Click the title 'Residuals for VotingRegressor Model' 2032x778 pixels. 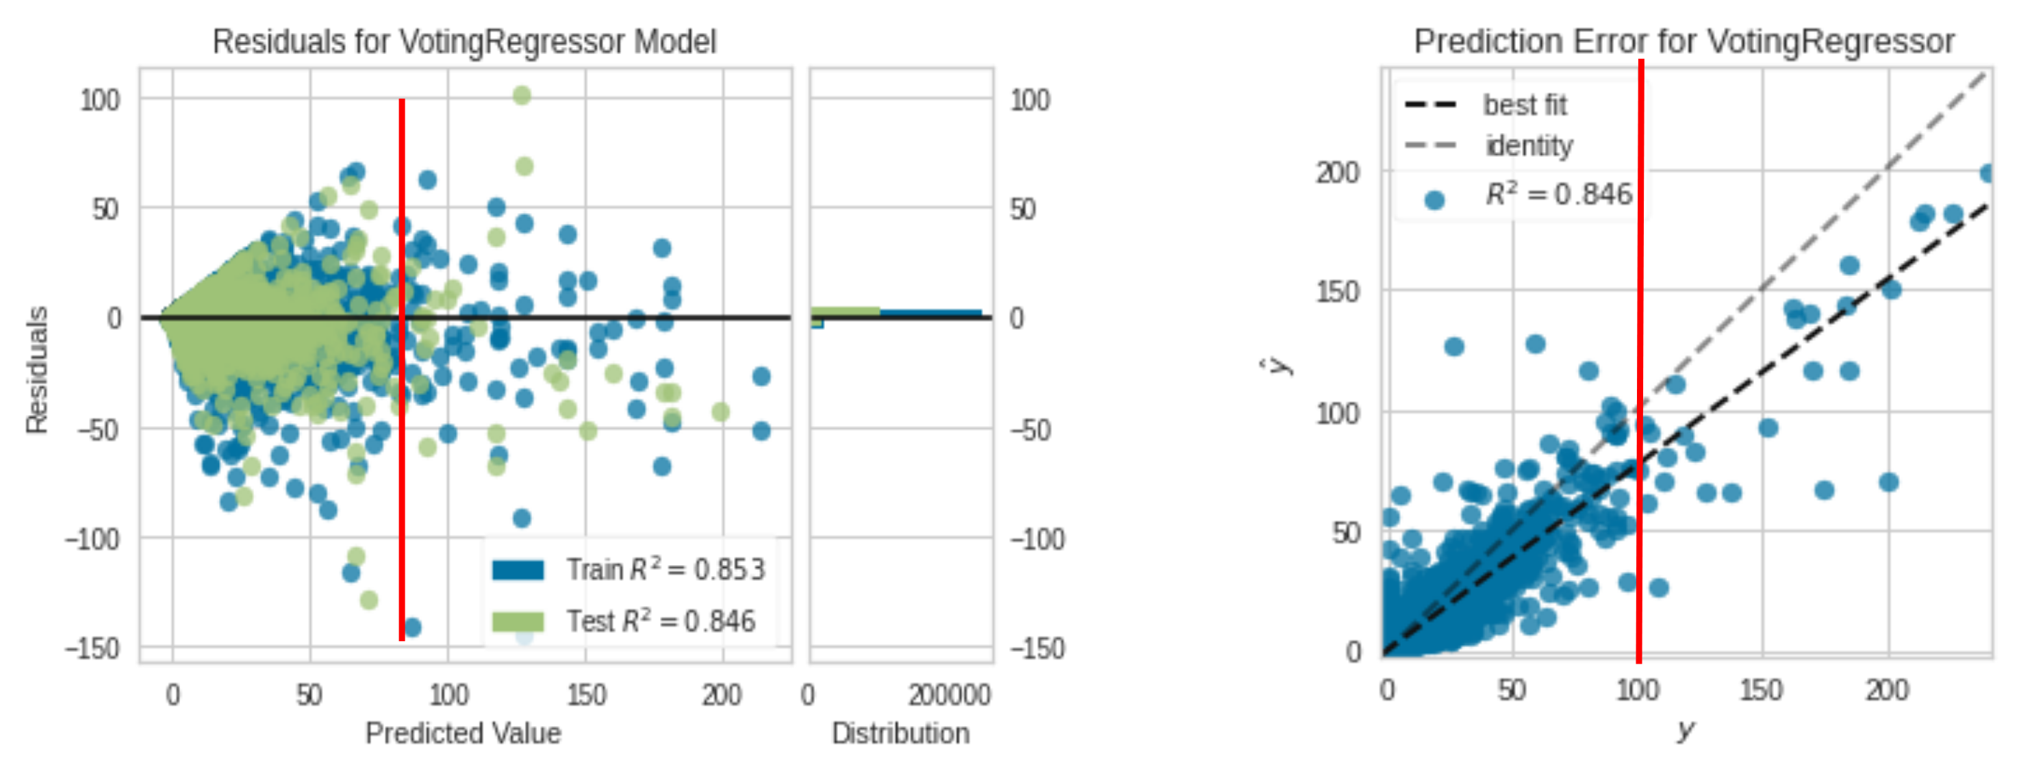click(x=463, y=42)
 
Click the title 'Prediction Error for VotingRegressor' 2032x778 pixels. click(x=1684, y=41)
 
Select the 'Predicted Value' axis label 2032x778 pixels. click(x=463, y=733)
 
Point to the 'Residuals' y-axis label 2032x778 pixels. click(x=36, y=370)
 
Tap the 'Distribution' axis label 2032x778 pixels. click(x=900, y=733)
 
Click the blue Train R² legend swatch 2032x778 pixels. click(x=518, y=570)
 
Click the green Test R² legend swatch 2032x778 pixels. click(x=518, y=622)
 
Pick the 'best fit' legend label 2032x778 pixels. click(x=1524, y=105)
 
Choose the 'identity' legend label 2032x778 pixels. click(x=1529, y=146)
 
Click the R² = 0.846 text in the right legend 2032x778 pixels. click(x=1558, y=194)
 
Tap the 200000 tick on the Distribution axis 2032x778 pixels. click(x=948, y=695)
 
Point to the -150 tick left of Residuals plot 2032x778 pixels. click(x=93, y=649)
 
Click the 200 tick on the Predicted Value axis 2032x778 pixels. click(x=722, y=695)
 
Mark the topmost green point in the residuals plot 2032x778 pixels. click(x=522, y=95)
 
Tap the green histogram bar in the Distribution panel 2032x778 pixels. click(x=845, y=312)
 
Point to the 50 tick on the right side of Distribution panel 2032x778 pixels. click(x=1022, y=209)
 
